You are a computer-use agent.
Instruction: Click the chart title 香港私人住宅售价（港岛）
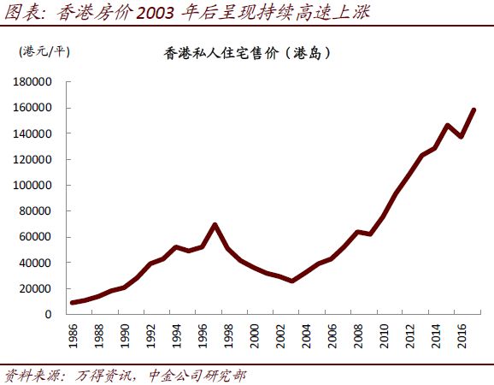pos(247,53)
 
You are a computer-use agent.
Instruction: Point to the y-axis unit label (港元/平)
pos(44,51)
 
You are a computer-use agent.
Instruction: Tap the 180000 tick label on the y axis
pos(32,82)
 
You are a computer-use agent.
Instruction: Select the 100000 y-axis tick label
pos(32,185)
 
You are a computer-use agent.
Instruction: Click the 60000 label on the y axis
pos(35,237)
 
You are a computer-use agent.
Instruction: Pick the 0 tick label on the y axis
pos(48,314)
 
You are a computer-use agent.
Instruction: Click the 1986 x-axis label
pos(74,336)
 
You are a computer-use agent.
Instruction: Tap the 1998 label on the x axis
pos(229,336)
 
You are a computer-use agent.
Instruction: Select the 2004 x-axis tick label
pos(307,336)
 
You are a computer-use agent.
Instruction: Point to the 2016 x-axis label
pos(462,336)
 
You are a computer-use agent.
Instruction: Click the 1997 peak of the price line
pos(215,225)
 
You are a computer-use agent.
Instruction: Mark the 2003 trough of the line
pos(292,281)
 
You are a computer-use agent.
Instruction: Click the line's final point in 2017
pos(473,110)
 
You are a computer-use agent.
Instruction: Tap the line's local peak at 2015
pos(447,126)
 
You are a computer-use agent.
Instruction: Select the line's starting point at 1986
pos(73,303)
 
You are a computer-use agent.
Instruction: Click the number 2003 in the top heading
pos(155,13)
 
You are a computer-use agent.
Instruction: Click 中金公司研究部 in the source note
pos(197,376)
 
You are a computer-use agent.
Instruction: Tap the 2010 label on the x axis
pos(385,336)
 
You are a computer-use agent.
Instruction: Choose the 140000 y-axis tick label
pos(32,133)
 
